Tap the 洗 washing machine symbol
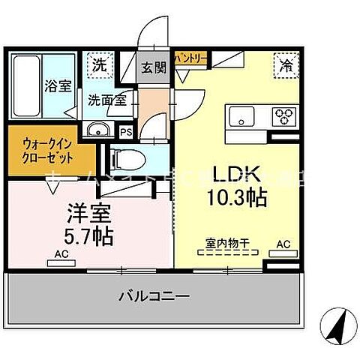(x=100, y=64)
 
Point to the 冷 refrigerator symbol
(x=286, y=64)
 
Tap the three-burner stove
(x=285, y=117)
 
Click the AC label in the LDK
(x=283, y=244)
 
